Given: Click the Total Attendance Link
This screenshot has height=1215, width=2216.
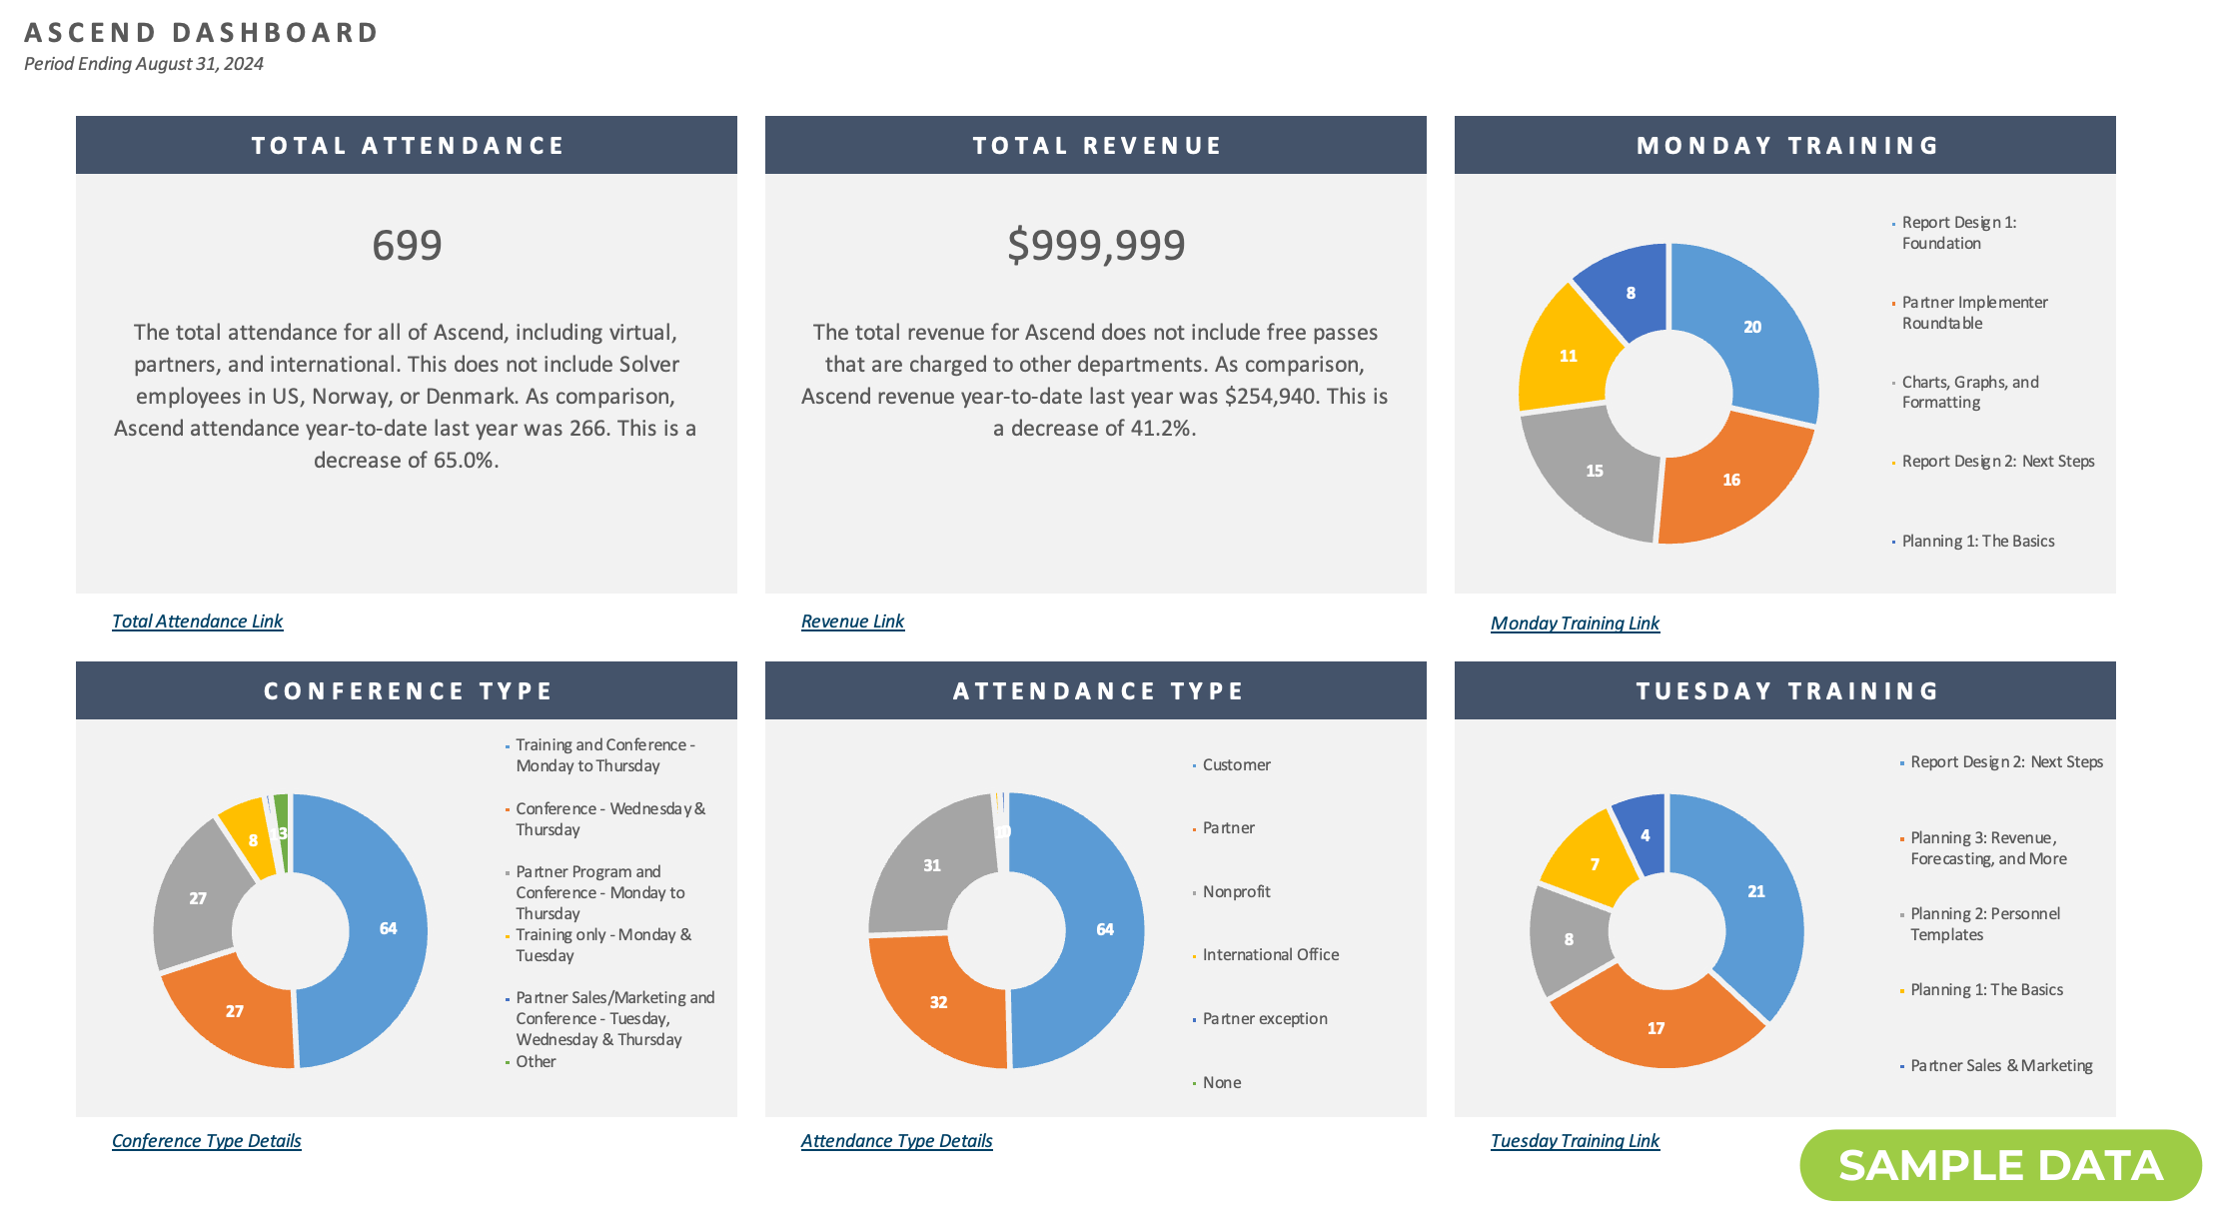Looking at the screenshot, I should coord(197,621).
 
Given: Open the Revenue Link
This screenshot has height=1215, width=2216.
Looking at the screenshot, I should coord(852,621).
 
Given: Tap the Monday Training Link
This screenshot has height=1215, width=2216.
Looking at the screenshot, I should coord(1575,623).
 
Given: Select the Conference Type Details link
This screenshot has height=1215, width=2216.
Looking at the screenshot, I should coord(206,1141).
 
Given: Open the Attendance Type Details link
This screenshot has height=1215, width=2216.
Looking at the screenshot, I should coord(896,1141).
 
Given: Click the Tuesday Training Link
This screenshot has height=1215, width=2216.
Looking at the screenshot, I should coord(1575,1141).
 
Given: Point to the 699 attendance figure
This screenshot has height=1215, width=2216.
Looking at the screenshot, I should coord(407,246).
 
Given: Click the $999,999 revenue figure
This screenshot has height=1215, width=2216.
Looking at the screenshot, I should coord(1096,246).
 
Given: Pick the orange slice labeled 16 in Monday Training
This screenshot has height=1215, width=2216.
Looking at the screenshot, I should coord(1731,481).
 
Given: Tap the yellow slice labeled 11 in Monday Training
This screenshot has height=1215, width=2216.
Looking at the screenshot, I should coord(1568,357).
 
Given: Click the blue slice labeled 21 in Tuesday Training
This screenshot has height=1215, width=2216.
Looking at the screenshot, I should coord(1755,892).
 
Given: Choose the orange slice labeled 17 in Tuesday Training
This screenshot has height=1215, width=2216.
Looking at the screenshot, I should coord(1656,1029).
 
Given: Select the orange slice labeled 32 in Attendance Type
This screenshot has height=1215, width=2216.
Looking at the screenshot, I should coord(938,1003).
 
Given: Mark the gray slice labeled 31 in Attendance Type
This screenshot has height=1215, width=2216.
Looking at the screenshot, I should coord(931,866).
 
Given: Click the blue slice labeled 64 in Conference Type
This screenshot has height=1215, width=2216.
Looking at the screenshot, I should coord(388,929).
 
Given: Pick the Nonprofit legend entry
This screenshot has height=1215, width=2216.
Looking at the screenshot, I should coord(1236,892).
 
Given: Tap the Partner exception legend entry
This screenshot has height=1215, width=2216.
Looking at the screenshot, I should coord(1264,1019).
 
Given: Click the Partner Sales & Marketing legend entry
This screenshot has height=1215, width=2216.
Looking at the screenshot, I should coord(2000,1066).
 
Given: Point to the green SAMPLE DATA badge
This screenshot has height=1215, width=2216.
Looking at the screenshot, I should coord(2000,1166).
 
